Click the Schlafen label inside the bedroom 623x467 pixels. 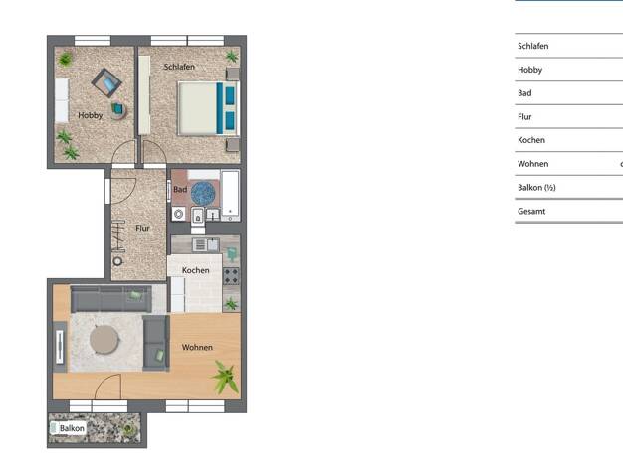click(179, 67)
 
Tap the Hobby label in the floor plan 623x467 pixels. click(91, 115)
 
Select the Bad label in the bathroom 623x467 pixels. click(180, 190)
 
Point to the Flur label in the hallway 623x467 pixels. click(142, 229)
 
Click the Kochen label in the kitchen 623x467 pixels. click(195, 270)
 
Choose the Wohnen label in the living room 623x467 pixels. click(197, 347)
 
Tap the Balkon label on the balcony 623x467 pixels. click(72, 428)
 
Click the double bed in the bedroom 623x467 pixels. click(209, 108)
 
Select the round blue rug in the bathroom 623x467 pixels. click(203, 193)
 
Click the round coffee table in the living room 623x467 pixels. click(104, 340)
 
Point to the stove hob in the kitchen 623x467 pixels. click(231, 276)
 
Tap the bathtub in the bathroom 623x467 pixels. click(231, 196)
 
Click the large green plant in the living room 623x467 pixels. click(226, 377)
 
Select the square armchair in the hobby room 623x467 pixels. click(106, 82)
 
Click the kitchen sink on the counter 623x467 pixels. click(206, 245)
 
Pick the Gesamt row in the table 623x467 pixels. click(531, 211)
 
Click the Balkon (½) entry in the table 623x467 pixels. click(536, 187)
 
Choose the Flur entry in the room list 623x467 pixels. click(524, 116)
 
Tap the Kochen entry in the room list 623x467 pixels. click(531, 140)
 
